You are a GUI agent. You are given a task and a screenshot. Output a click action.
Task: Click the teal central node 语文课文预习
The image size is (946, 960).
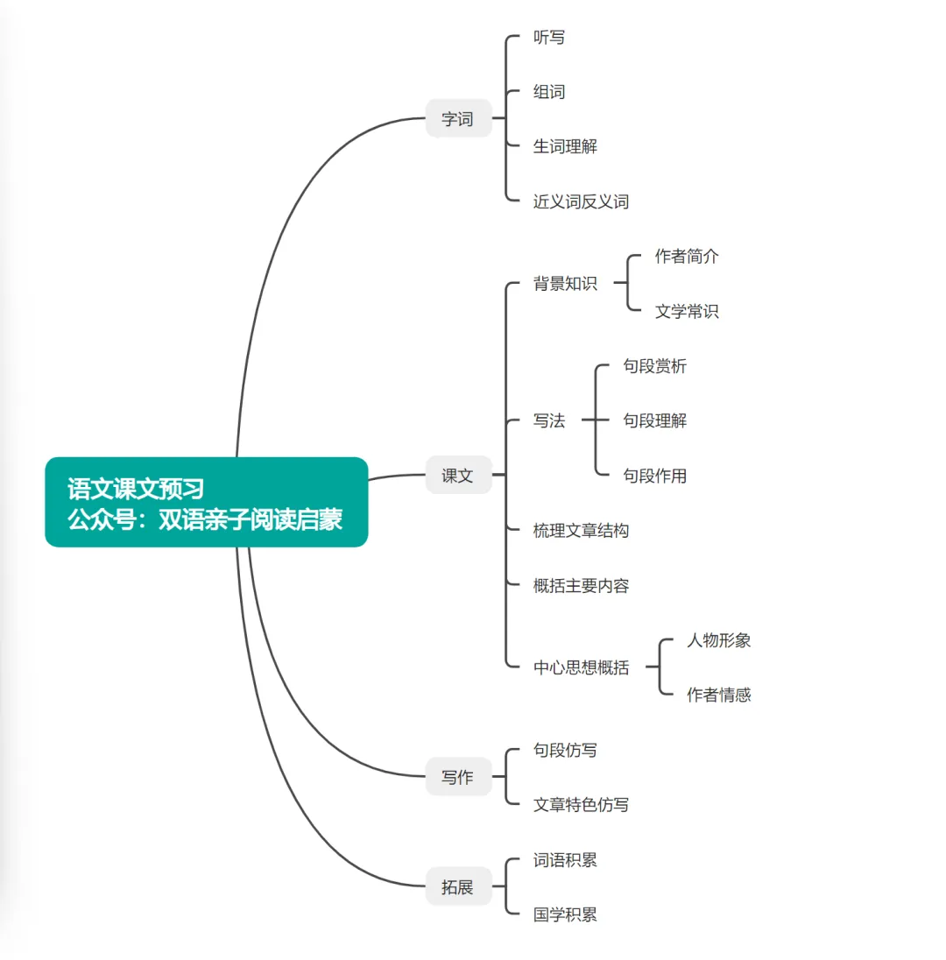pos(206,502)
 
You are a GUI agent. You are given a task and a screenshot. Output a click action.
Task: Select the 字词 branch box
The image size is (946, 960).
pos(458,119)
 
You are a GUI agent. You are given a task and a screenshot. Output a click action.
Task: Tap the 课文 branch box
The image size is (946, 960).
pos(458,476)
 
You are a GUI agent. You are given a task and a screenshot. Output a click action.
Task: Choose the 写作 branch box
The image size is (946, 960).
pos(458,777)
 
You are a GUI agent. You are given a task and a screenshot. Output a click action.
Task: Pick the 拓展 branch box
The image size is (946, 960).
pos(458,886)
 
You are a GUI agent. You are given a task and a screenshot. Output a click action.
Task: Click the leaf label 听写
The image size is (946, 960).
pos(549,38)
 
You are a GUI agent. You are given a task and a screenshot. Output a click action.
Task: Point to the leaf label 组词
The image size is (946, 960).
pos(549,92)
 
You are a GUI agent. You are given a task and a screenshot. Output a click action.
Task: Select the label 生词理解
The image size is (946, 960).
pos(565,146)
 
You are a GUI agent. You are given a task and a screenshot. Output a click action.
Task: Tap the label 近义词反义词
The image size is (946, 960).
pos(581,201)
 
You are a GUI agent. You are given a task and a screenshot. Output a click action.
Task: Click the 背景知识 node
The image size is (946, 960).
pos(565,283)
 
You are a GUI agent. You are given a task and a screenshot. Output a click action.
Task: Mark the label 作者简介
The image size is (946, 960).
pos(687,256)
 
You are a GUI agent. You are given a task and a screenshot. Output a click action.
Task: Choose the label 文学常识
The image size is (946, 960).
pos(687,311)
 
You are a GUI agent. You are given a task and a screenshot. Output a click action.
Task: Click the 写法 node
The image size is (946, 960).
pos(549,420)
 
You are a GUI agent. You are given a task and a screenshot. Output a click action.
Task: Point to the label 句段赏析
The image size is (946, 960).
pos(654,366)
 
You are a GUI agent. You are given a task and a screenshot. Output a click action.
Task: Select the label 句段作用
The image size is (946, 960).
pos(654,476)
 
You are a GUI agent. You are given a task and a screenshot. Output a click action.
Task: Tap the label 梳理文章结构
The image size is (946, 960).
pos(581,530)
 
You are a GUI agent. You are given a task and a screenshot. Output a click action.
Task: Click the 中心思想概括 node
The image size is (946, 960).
pos(581,667)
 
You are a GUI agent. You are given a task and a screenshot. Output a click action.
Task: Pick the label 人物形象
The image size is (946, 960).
pos(718,639)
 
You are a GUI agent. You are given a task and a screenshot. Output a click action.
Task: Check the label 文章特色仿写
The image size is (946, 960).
pos(581,804)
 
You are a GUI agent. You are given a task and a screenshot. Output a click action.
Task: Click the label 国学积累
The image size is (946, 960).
pos(565,914)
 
